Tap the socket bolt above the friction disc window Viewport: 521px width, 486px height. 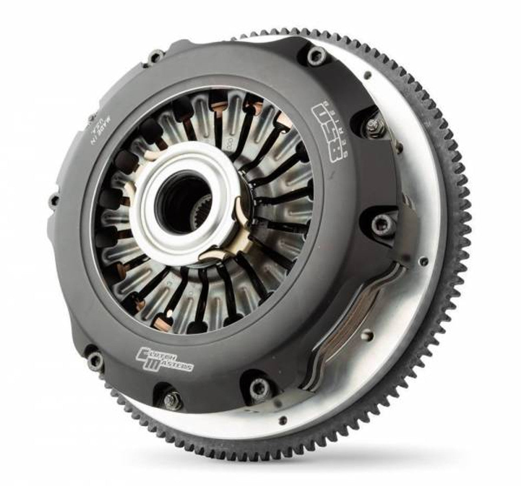coord(377,222)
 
